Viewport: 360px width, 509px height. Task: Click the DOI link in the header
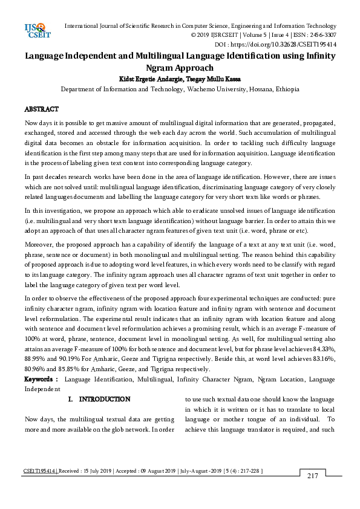pos(296,45)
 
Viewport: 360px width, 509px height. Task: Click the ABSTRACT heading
pos(41,109)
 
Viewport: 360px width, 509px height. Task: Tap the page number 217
pos(312,476)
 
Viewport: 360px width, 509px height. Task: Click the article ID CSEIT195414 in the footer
pos(39,469)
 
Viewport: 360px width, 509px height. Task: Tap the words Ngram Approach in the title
pos(180,68)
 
